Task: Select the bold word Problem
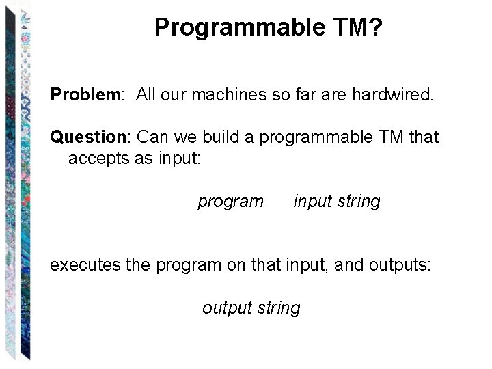click(x=85, y=94)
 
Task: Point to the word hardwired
click(x=392, y=94)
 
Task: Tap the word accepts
click(x=97, y=159)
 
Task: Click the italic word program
click(x=230, y=202)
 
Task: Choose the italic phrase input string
click(x=336, y=202)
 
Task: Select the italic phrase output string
click(x=251, y=308)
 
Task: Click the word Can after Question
click(x=153, y=137)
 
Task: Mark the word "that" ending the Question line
click(x=424, y=137)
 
